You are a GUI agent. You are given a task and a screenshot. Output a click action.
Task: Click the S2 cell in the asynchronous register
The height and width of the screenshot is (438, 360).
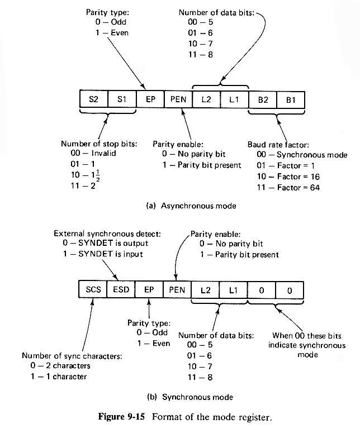point(93,100)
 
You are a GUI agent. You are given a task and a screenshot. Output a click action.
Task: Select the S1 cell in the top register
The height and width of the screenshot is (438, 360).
point(122,100)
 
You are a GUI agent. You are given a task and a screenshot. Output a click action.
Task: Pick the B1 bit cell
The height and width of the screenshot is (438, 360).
point(291,100)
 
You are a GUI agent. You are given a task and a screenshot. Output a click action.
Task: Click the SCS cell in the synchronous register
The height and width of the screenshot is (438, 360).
point(93,291)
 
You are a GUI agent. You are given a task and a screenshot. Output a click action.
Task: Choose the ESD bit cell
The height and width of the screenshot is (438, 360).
point(122,291)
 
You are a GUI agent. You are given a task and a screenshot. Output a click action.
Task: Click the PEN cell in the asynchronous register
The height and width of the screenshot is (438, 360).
point(178,100)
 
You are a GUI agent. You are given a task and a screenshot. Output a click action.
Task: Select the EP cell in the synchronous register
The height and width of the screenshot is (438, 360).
point(150,291)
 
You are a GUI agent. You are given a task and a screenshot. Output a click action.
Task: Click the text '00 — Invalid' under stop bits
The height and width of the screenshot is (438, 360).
point(91,154)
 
